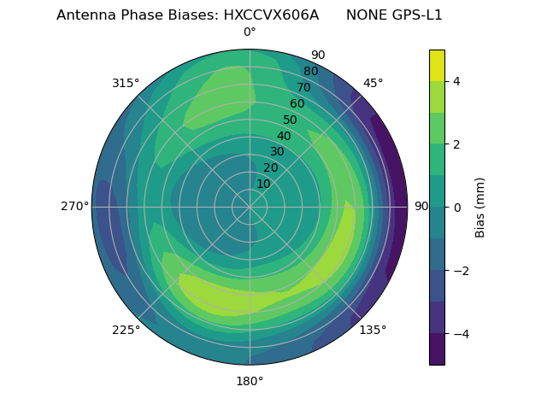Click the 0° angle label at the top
click(250, 32)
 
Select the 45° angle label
click(373, 83)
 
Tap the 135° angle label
click(373, 330)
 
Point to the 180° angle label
click(250, 381)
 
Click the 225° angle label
click(126, 330)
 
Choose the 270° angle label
click(74, 206)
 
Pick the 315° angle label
click(126, 83)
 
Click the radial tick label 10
click(263, 184)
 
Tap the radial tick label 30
click(277, 152)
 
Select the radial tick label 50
click(291, 120)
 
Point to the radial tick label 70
click(304, 87)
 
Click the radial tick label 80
click(311, 71)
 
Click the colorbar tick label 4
click(457, 81)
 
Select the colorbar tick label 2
click(457, 144)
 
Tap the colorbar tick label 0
click(457, 208)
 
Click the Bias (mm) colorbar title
click(480, 208)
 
